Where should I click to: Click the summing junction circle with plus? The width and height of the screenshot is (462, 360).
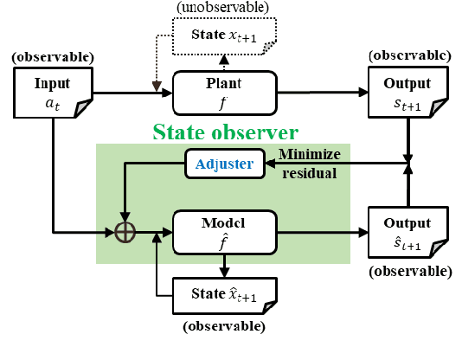[127, 232]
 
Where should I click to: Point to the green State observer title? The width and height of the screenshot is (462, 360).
[226, 132]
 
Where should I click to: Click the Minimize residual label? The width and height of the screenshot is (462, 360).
[309, 162]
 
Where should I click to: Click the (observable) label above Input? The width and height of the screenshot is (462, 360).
[52, 59]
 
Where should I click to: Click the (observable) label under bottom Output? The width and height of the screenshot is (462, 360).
[407, 271]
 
